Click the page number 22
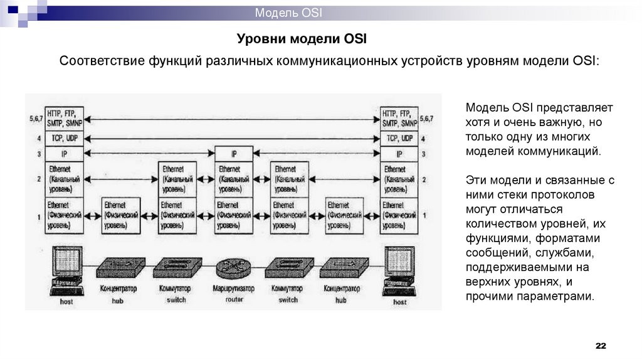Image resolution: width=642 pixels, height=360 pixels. pyautogui.click(x=601, y=346)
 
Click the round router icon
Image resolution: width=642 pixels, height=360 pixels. pyautogui.click(x=233, y=268)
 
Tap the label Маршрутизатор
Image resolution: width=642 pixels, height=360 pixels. pyautogui.click(x=233, y=289)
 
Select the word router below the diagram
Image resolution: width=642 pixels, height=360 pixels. pyautogui.click(x=233, y=300)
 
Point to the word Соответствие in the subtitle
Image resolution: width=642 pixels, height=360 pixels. pyautogui.click(x=101, y=61)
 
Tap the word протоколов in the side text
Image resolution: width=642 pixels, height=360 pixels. pyautogui.click(x=575, y=194)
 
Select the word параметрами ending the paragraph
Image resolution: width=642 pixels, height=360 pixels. pyautogui.click(x=560, y=295)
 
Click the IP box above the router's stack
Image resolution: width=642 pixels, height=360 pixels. pyautogui.click(x=234, y=154)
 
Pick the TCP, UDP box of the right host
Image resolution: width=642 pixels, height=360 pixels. pyautogui.click(x=399, y=138)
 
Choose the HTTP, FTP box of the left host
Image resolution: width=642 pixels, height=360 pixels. pyautogui.click(x=65, y=118)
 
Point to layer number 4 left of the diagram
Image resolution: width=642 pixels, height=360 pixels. pyautogui.click(x=39, y=138)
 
